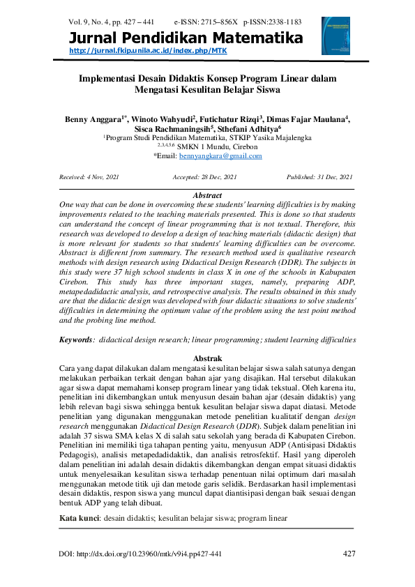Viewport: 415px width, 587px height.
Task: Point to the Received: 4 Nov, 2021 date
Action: pos(89,178)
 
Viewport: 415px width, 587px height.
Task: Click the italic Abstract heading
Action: pos(206,196)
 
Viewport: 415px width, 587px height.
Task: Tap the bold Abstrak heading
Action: pos(206,356)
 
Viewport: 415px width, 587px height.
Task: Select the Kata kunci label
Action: pos(80,519)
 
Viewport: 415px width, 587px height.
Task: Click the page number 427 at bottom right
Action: pos(349,554)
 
